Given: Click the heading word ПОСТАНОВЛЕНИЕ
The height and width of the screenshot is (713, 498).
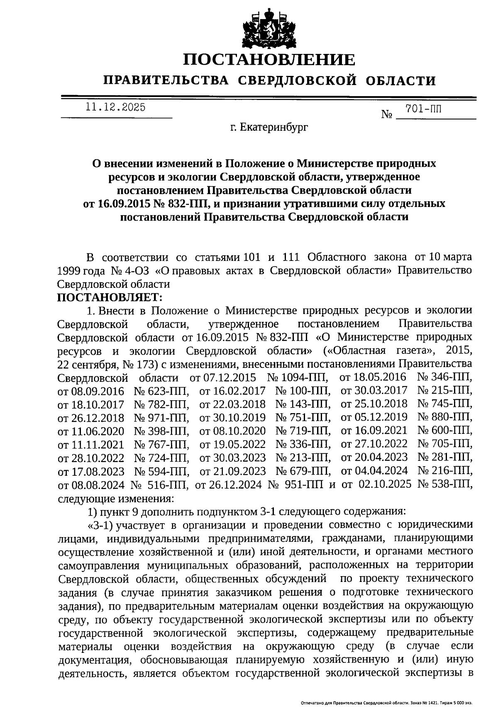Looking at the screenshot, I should click(x=269, y=60).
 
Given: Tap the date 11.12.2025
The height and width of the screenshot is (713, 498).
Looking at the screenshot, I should click(x=115, y=107).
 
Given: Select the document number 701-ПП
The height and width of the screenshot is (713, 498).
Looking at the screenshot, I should click(x=423, y=109).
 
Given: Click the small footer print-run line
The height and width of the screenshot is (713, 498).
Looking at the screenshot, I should click(x=386, y=703).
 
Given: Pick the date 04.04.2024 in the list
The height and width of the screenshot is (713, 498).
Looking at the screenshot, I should click(x=373, y=471).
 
